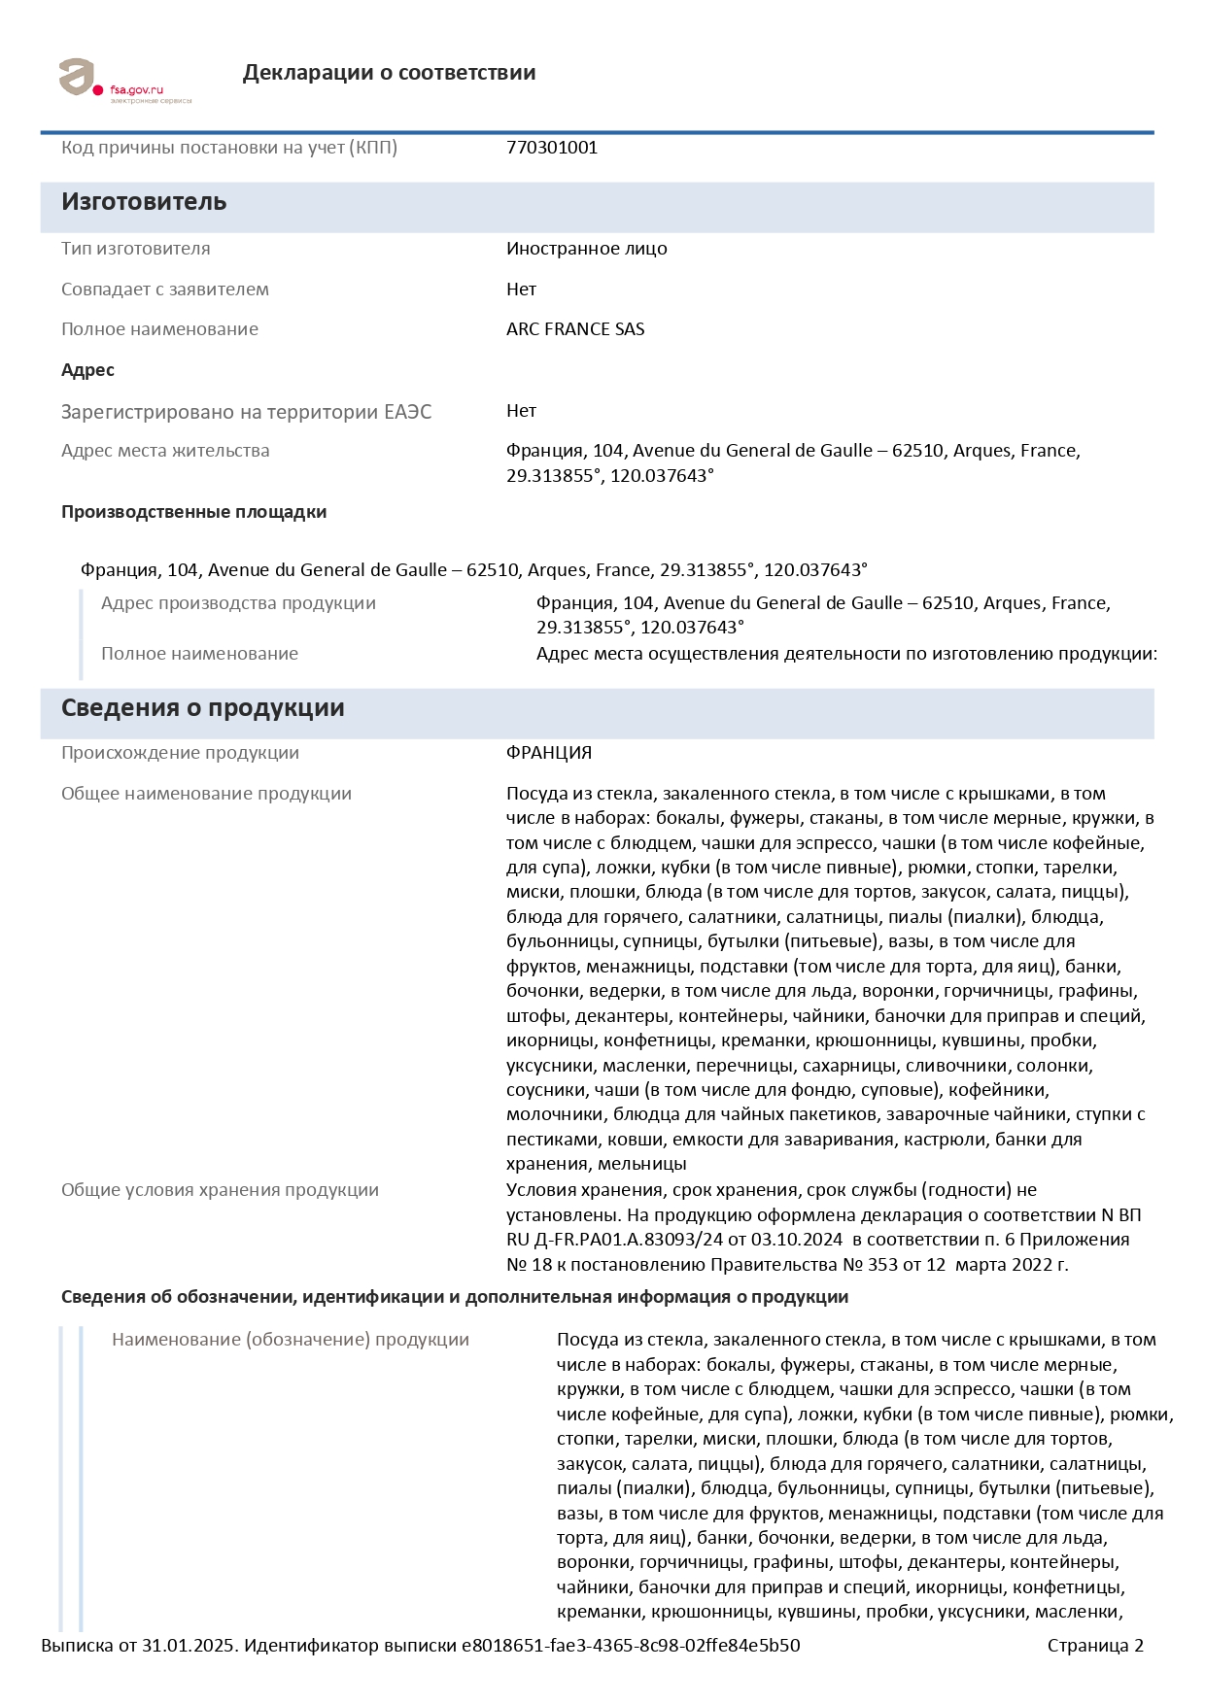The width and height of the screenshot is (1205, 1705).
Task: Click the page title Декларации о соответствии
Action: coord(389,73)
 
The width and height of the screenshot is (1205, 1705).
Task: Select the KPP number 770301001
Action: coord(552,148)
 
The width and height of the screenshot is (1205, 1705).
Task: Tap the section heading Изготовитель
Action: coord(144,202)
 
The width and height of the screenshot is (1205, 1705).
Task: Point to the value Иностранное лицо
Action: coord(586,249)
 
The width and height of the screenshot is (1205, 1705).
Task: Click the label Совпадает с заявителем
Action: coord(165,290)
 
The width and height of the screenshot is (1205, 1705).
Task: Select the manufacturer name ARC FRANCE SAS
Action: coord(575,329)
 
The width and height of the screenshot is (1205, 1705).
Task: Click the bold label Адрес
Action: coord(87,370)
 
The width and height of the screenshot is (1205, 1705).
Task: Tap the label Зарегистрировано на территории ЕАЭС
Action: coord(246,412)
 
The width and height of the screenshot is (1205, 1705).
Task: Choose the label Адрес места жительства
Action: coord(165,451)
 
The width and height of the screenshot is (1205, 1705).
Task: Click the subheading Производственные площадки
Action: coord(193,512)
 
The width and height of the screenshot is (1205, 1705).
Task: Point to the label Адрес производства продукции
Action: coord(238,603)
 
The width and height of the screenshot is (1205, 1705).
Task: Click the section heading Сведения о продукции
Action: coord(202,708)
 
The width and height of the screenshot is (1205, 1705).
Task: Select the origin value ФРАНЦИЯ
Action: coord(549,753)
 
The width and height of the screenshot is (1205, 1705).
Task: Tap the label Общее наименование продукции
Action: coord(206,794)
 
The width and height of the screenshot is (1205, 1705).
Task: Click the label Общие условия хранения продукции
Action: coord(220,1190)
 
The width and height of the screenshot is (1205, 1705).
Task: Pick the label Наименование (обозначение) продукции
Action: coord(290,1340)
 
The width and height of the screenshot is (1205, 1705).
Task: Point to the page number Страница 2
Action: coord(1095,1646)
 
